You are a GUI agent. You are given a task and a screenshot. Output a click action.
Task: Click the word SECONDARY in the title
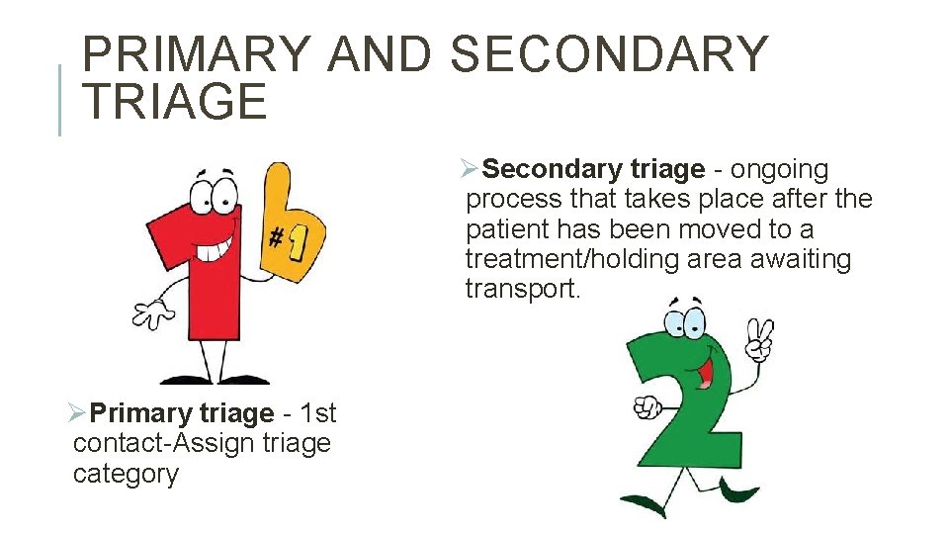609,54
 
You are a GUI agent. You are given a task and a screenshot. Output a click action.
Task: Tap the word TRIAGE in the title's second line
175,103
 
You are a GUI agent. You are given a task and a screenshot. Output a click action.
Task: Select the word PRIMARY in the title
196,54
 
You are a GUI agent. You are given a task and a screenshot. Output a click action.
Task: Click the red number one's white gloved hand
154,313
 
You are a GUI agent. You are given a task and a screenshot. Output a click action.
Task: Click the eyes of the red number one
213,193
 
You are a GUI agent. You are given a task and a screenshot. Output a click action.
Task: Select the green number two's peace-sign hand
759,337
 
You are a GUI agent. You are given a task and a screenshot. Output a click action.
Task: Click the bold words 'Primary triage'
181,412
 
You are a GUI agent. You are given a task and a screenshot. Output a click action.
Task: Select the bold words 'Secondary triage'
593,170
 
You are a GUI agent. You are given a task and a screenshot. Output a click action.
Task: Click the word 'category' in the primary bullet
126,474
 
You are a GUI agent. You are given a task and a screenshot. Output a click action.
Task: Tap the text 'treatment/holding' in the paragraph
573,259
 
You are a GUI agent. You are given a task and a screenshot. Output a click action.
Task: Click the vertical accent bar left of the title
60,100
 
